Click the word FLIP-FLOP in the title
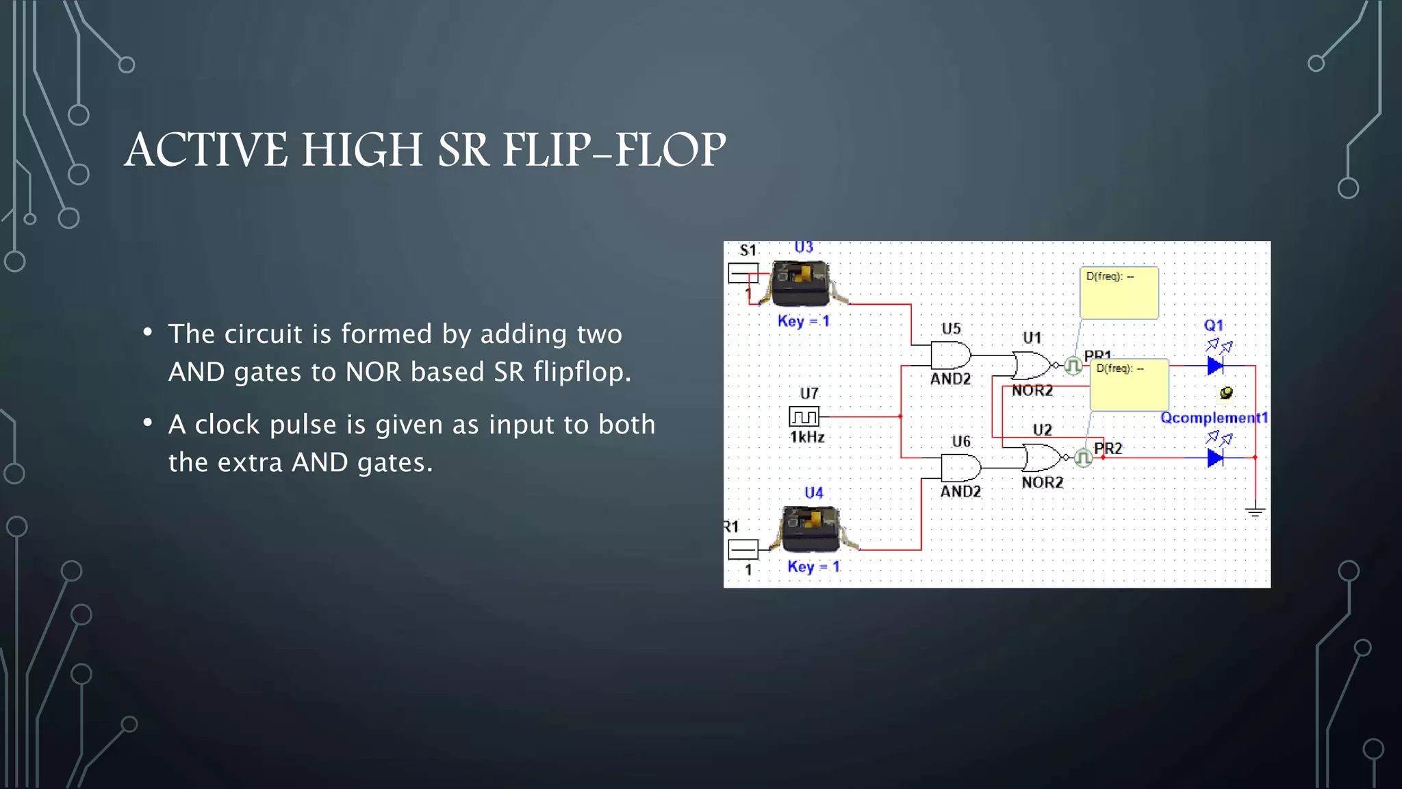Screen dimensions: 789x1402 pyautogui.click(x=614, y=150)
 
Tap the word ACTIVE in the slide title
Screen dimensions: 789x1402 pyautogui.click(x=206, y=150)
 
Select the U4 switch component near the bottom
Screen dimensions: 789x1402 pyautogui.click(x=811, y=529)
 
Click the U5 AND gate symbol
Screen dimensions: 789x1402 pyautogui.click(x=950, y=356)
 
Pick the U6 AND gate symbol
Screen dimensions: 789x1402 pyautogui.click(x=960, y=468)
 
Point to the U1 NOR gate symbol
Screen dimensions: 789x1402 pyautogui.click(x=1032, y=366)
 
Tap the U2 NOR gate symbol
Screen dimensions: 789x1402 pyautogui.click(x=1041, y=458)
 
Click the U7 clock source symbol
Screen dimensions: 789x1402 pyautogui.click(x=804, y=416)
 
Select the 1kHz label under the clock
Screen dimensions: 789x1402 pyautogui.click(x=807, y=437)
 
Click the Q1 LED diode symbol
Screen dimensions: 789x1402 pyautogui.click(x=1215, y=366)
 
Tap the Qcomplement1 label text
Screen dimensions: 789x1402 pyautogui.click(x=1214, y=418)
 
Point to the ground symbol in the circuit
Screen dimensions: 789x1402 pyautogui.click(x=1255, y=512)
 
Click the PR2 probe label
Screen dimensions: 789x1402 pyautogui.click(x=1108, y=449)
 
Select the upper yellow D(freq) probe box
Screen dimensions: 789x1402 pyautogui.click(x=1119, y=293)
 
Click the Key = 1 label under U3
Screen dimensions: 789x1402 pyautogui.click(x=804, y=321)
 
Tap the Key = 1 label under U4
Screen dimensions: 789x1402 pyautogui.click(x=813, y=566)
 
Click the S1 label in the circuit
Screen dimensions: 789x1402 pyautogui.click(x=748, y=251)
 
